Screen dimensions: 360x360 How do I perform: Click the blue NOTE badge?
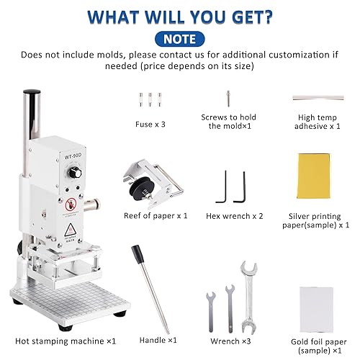pyautogui.click(x=179, y=39)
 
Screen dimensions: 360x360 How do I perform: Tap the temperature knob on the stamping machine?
pyautogui.click(x=75, y=173)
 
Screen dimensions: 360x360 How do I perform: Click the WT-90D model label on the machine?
pyautogui.click(x=73, y=156)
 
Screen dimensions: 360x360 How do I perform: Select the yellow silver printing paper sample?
pyautogui.click(x=314, y=176)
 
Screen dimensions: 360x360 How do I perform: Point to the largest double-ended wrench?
pyautogui.click(x=249, y=297)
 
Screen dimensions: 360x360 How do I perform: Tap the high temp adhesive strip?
pyautogui.click(x=318, y=98)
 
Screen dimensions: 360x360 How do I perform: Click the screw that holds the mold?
pyautogui.click(x=228, y=99)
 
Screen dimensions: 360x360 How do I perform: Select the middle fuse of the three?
pyautogui.click(x=150, y=99)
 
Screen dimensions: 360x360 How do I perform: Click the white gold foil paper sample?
pyautogui.click(x=316, y=310)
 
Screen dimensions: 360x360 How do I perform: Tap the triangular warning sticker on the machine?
pyautogui.click(x=70, y=230)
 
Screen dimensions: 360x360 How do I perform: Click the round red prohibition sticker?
pyautogui.click(x=71, y=204)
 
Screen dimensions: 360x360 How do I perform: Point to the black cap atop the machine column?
pyautogui.click(x=32, y=91)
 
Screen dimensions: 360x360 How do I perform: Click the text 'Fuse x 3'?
pyautogui.click(x=150, y=125)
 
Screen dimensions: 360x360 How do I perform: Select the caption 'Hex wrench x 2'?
pyautogui.click(x=235, y=216)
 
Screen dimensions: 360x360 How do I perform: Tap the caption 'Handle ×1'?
pyautogui.click(x=158, y=340)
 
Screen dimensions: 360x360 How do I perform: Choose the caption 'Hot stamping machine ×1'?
pyautogui.click(x=66, y=341)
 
